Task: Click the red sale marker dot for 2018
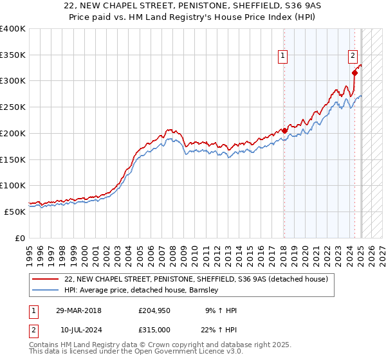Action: coord(284,130)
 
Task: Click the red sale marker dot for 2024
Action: coord(354,73)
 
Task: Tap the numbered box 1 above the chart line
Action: coord(283,57)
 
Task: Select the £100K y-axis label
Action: coord(13,186)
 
